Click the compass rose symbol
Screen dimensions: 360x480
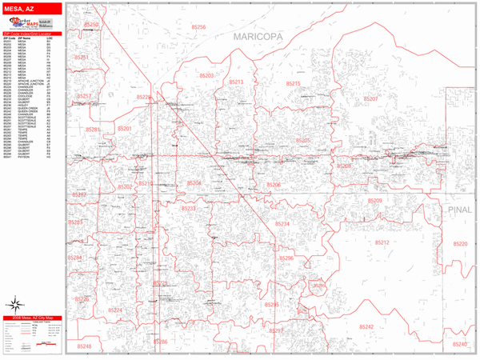(14, 304)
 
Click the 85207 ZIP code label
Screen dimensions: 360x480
(370, 98)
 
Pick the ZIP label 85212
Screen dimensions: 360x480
(380, 242)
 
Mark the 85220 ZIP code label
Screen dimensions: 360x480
(459, 244)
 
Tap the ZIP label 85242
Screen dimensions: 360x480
(366, 326)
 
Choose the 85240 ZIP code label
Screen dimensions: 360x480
(459, 344)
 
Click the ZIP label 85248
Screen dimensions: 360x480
(83, 346)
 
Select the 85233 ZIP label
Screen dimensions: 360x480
(189, 208)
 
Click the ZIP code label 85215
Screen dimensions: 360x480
(292, 83)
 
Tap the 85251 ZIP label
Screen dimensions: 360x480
(82, 58)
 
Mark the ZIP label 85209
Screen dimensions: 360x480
(375, 201)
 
